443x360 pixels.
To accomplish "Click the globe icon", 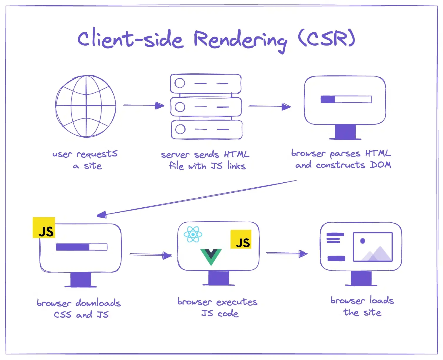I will pos(86,106).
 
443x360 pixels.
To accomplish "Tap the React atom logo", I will pos(193,234).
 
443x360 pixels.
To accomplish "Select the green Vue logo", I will pos(211,256).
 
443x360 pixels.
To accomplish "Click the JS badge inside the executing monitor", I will pos(241,239).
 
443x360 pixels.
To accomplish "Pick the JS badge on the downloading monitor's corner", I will pos(44,228).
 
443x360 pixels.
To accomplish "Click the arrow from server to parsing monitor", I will pos(269,106).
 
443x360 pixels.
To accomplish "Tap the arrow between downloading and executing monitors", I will pos(150,255).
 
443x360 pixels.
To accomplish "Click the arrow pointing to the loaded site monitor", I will pos(287,253).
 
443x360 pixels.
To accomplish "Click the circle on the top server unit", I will pos(180,83).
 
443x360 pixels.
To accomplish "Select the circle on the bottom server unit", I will pos(180,129).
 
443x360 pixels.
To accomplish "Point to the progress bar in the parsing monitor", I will pos(346,99).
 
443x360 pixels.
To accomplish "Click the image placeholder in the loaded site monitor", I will pos(373,246).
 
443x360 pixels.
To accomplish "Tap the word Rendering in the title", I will pos(240,40).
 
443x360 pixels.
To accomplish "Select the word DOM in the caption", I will pos(381,165).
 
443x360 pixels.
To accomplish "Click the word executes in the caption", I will pos(237,302).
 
